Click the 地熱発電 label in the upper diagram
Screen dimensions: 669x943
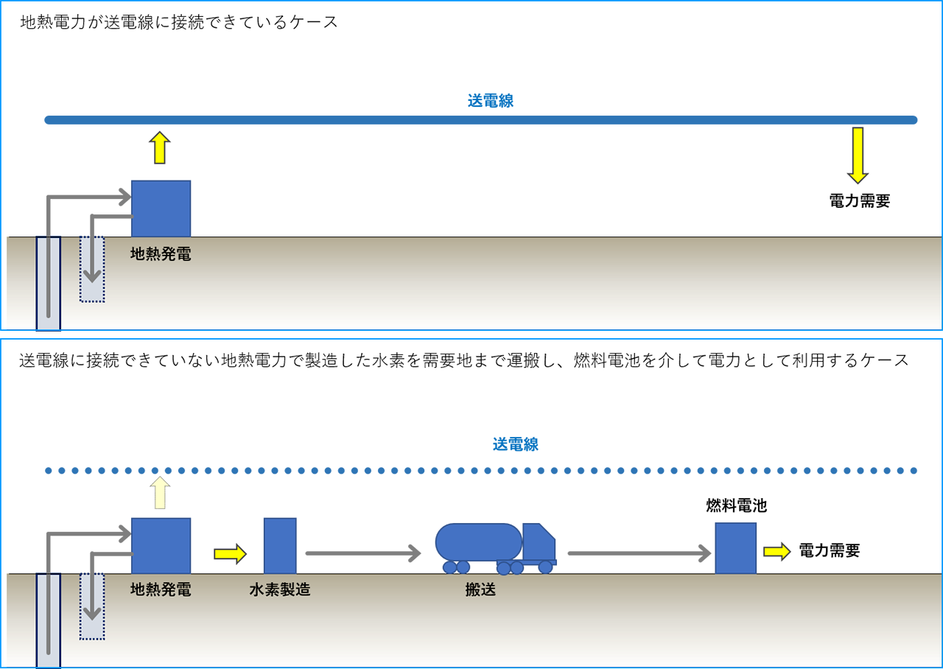point(161,256)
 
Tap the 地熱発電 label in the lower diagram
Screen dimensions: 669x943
point(161,589)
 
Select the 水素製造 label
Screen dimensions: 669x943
point(279,589)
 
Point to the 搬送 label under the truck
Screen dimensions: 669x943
point(480,589)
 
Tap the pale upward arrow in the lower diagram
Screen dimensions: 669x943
point(158,493)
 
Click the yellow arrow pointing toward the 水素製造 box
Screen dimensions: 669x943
point(230,554)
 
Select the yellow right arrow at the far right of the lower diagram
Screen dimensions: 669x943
point(775,551)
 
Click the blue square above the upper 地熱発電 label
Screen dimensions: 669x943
point(161,209)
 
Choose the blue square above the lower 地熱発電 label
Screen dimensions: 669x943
point(161,545)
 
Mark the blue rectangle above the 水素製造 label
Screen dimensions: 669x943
point(280,545)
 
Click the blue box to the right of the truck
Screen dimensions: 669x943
point(736,548)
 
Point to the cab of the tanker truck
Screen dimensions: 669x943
point(539,545)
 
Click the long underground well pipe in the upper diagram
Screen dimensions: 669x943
point(49,284)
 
